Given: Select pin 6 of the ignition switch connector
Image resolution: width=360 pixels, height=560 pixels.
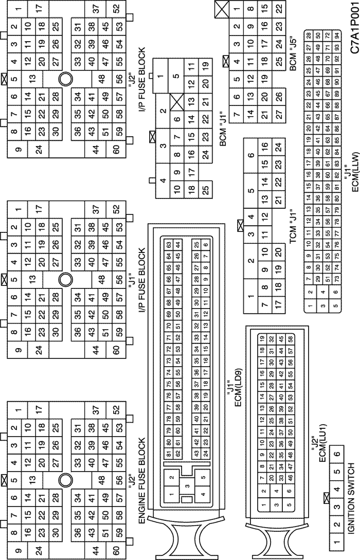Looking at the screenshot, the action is [x=337, y=454].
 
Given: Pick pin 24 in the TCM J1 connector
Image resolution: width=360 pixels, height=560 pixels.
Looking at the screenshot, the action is [x=279, y=147].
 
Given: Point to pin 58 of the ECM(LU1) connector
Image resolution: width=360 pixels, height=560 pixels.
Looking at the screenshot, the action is [x=291, y=338].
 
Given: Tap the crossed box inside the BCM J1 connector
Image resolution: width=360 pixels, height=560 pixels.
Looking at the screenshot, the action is [x=176, y=101].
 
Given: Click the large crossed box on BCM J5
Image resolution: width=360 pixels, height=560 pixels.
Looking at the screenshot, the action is [x=222, y=9].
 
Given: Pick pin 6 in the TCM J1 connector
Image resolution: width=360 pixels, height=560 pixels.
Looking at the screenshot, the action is [x=251, y=155].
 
